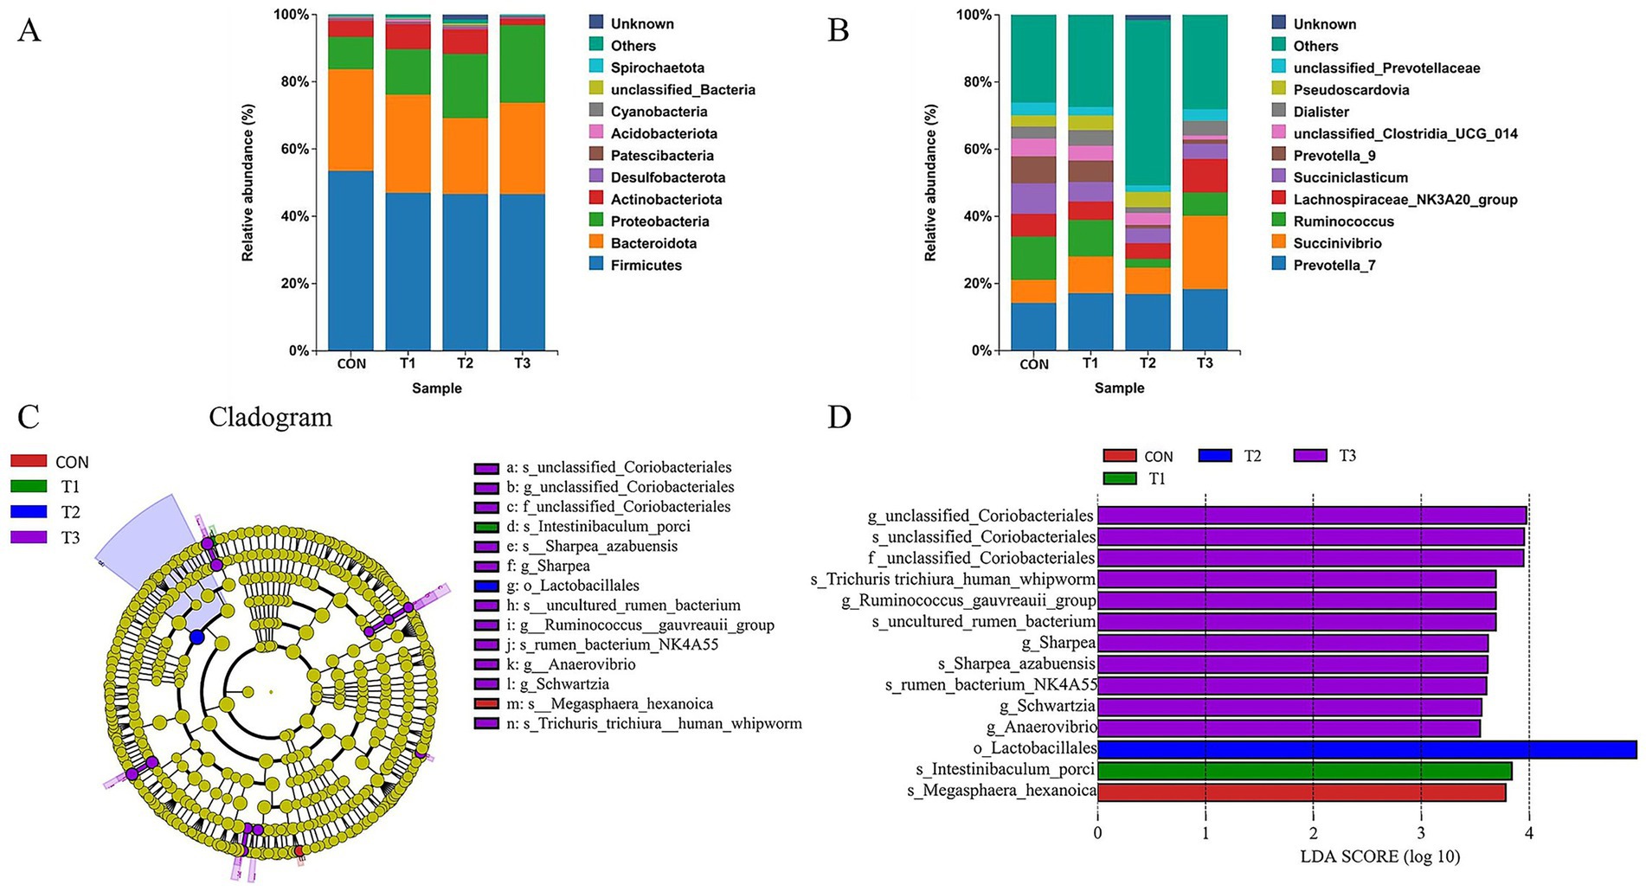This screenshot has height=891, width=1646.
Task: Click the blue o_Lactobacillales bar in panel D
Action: (x=1366, y=749)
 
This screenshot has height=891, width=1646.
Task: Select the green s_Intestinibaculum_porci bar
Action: (x=1304, y=770)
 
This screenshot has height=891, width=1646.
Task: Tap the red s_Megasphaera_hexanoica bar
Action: (x=1301, y=792)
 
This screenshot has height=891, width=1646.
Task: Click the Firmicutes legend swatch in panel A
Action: (x=596, y=265)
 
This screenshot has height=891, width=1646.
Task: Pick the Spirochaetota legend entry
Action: (x=657, y=67)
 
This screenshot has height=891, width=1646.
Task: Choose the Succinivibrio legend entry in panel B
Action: (x=1337, y=243)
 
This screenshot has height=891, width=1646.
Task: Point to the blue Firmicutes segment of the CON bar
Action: (x=350, y=260)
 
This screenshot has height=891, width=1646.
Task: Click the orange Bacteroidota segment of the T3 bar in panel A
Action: (x=522, y=148)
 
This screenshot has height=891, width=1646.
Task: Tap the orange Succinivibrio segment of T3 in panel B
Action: (x=1205, y=252)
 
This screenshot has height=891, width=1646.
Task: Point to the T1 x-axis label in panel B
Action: (x=1090, y=363)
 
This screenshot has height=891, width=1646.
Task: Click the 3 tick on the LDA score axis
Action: (x=1421, y=833)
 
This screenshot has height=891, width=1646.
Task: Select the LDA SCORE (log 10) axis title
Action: (x=1379, y=856)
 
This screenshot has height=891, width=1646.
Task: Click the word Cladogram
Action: (x=270, y=417)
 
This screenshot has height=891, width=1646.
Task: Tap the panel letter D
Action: (x=839, y=417)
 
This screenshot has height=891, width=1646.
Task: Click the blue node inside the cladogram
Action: (x=196, y=638)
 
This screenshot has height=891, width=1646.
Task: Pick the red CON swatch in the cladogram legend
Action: (x=29, y=462)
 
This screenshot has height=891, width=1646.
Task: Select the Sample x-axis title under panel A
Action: (x=436, y=388)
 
